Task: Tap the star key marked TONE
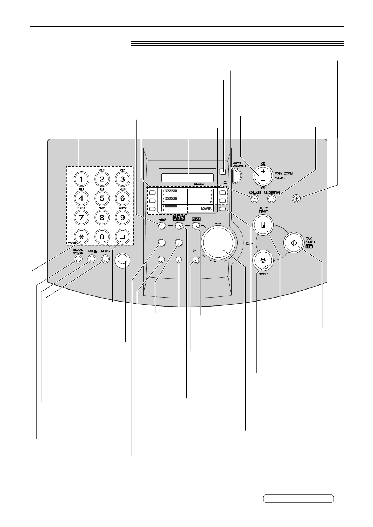(81, 237)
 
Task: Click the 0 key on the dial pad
(102, 237)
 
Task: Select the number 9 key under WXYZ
(122, 218)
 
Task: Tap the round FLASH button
(105, 259)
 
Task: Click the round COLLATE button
(255, 198)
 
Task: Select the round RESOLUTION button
(272, 198)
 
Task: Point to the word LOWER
(204, 209)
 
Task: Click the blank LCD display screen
(187, 177)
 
